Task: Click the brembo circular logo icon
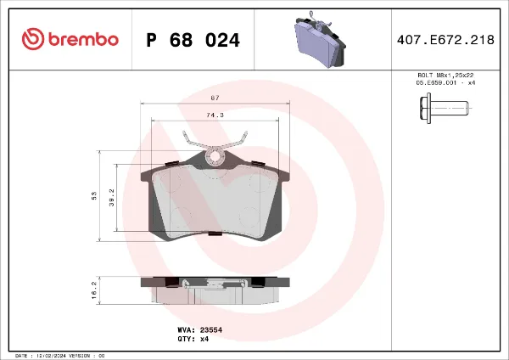tap(31, 40)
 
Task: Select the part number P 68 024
tap(193, 40)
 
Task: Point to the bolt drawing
tap(444, 108)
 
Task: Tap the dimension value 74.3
tap(215, 115)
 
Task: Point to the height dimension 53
tap(94, 195)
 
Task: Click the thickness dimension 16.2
tap(94, 289)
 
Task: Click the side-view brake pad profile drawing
tap(215, 291)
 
